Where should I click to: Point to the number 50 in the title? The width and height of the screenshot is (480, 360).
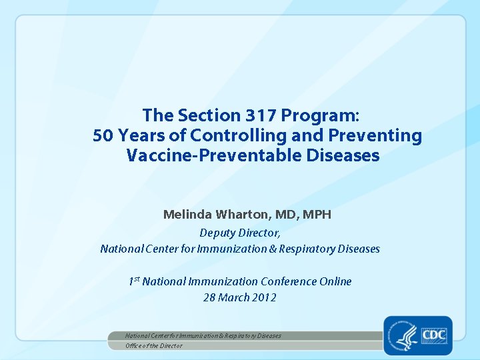point(103,136)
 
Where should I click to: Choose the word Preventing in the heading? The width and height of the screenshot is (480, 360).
point(376,136)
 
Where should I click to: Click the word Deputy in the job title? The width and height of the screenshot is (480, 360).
point(218,233)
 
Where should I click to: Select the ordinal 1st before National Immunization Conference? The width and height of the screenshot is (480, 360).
point(133,281)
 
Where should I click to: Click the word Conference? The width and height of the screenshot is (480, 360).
point(289,281)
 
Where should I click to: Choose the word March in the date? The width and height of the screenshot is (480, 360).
point(233,297)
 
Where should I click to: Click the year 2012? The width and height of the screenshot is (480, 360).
point(264,297)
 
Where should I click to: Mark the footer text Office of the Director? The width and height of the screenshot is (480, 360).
point(154,345)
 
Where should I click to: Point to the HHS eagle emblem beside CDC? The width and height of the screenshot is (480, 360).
point(404,335)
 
